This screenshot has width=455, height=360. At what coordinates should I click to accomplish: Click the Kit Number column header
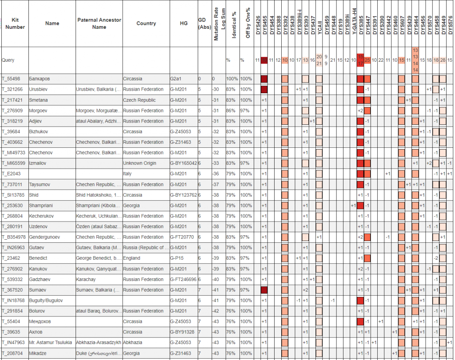coord(15,24)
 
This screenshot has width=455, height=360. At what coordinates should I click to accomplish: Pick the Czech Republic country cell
coord(140,100)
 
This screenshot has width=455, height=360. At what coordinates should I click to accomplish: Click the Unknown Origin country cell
coord(140,163)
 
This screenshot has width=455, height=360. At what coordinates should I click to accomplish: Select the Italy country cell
coord(128,174)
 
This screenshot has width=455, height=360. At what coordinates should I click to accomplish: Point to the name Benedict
coord(39,258)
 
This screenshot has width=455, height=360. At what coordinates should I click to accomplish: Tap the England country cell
coord(132,258)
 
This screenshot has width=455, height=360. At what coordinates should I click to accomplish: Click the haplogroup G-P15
coord(177,258)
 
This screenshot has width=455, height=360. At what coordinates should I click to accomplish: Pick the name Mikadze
coord(38,353)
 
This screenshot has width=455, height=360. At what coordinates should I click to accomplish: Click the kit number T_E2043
coord(11,174)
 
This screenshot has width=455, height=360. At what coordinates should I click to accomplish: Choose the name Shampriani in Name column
coord(41,206)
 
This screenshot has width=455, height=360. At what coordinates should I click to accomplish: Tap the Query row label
coord(8,60)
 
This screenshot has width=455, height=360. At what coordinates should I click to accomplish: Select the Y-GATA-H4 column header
coord(354,22)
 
